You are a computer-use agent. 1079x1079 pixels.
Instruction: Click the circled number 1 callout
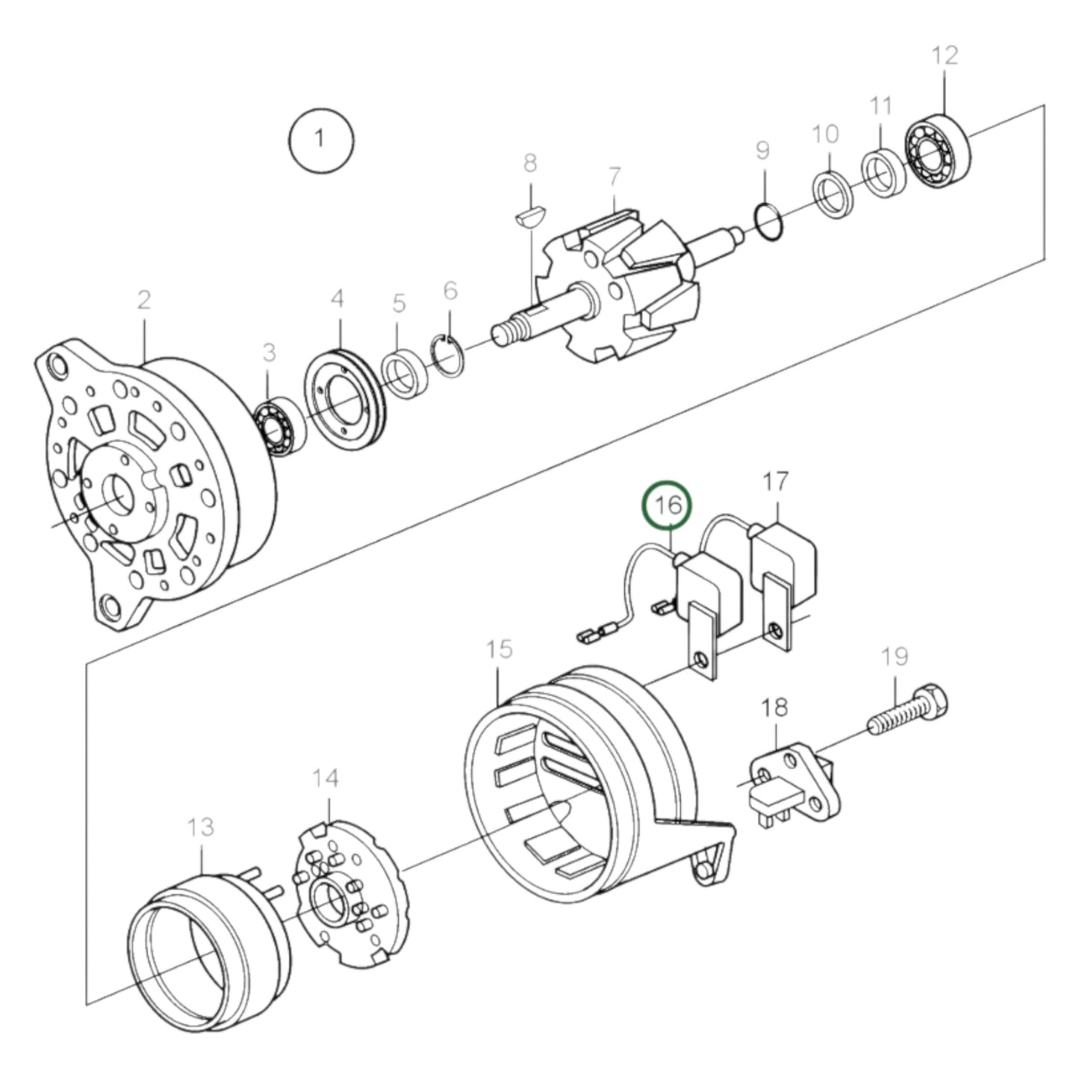[x=321, y=140]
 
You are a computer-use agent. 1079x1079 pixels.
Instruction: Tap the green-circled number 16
[x=667, y=505]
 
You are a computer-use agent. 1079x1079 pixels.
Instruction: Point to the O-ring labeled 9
[x=769, y=223]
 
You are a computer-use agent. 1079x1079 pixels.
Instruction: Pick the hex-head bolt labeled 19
[x=908, y=711]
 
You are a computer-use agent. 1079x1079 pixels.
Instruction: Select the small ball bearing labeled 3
[x=280, y=426]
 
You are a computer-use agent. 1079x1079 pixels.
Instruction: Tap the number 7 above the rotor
[x=615, y=176]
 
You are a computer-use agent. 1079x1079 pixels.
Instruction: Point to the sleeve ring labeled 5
[x=405, y=374]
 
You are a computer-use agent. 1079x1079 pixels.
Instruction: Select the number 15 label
[x=499, y=650]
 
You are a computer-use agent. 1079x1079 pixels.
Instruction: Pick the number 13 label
[x=200, y=827]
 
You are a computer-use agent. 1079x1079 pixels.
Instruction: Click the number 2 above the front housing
[x=144, y=300]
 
